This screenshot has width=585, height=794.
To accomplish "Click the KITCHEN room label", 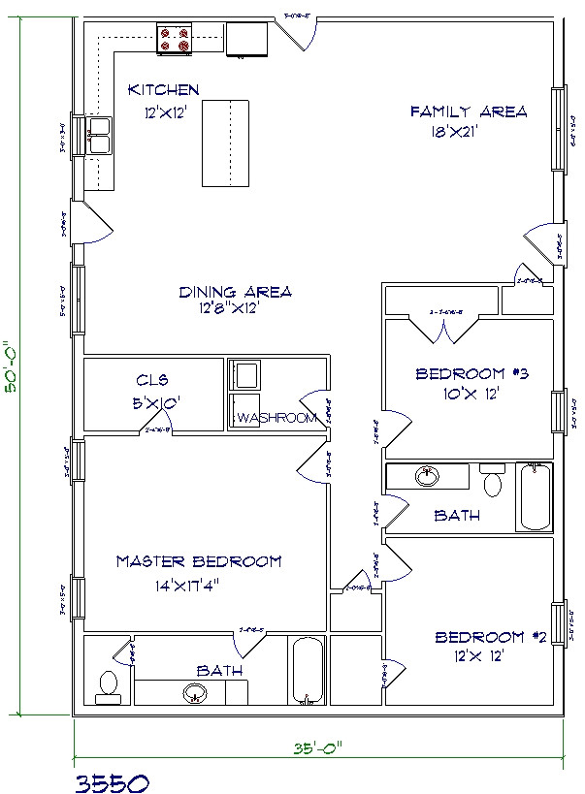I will (x=164, y=90).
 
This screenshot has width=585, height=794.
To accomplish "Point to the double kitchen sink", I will (x=99, y=137).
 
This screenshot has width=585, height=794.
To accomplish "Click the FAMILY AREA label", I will (x=469, y=111).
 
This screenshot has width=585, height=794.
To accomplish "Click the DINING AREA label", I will (x=236, y=291).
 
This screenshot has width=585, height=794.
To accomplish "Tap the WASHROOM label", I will (x=276, y=418).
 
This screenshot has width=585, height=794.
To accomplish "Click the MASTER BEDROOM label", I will (x=199, y=561).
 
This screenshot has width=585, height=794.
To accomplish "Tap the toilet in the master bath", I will (x=108, y=684).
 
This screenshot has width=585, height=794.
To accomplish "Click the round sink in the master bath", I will (x=195, y=693).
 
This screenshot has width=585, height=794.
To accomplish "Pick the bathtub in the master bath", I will (x=308, y=671).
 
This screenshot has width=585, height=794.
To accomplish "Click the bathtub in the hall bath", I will (x=534, y=497).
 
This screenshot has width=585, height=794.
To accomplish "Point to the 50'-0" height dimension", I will (x=11, y=365).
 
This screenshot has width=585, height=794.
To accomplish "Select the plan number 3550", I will (x=111, y=779).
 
